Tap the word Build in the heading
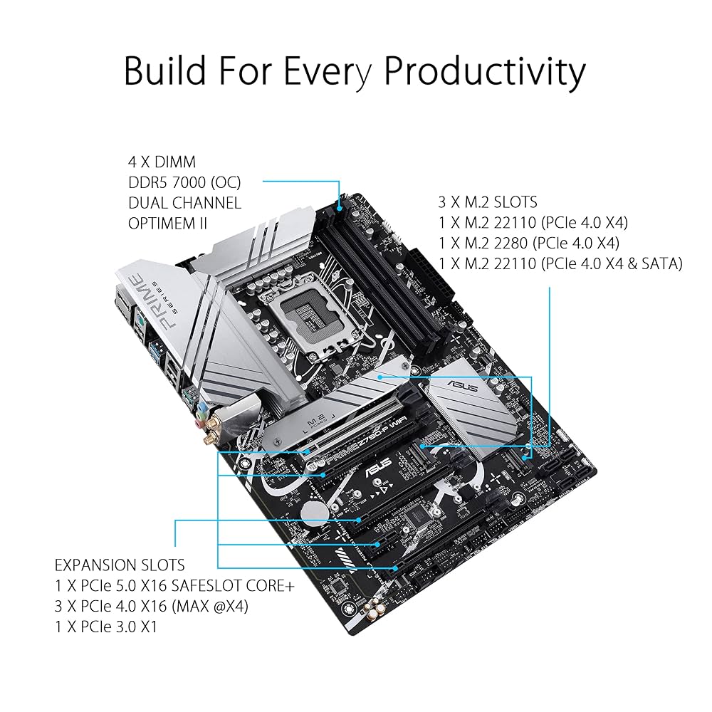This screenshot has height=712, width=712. click(165, 71)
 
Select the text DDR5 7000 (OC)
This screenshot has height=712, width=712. click(185, 182)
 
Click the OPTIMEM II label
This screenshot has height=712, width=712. click(168, 223)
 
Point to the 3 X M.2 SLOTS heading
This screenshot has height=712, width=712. click(488, 202)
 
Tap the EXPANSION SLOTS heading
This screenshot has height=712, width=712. click(120, 565)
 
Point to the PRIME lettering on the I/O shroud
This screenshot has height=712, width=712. click(156, 303)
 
